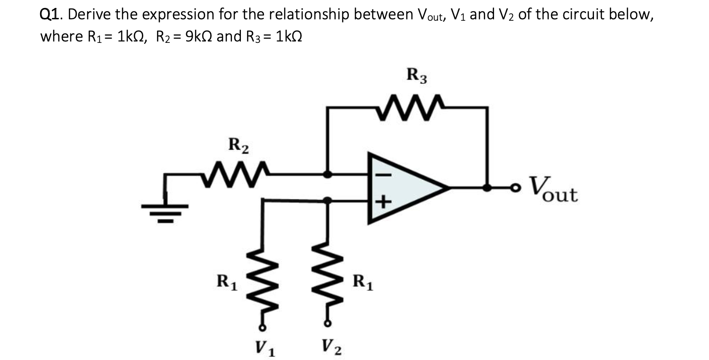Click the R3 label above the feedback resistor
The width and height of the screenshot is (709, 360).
coord(417,76)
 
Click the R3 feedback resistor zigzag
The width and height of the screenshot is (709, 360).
coord(409,101)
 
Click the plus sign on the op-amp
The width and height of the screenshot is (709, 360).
coord(383,202)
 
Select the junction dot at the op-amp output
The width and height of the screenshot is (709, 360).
coord(487,188)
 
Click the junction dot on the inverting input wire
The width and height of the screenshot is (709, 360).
coord(328,174)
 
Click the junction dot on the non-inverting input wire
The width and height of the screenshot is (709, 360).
coord(328,201)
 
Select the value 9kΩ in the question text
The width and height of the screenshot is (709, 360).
coord(195,37)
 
